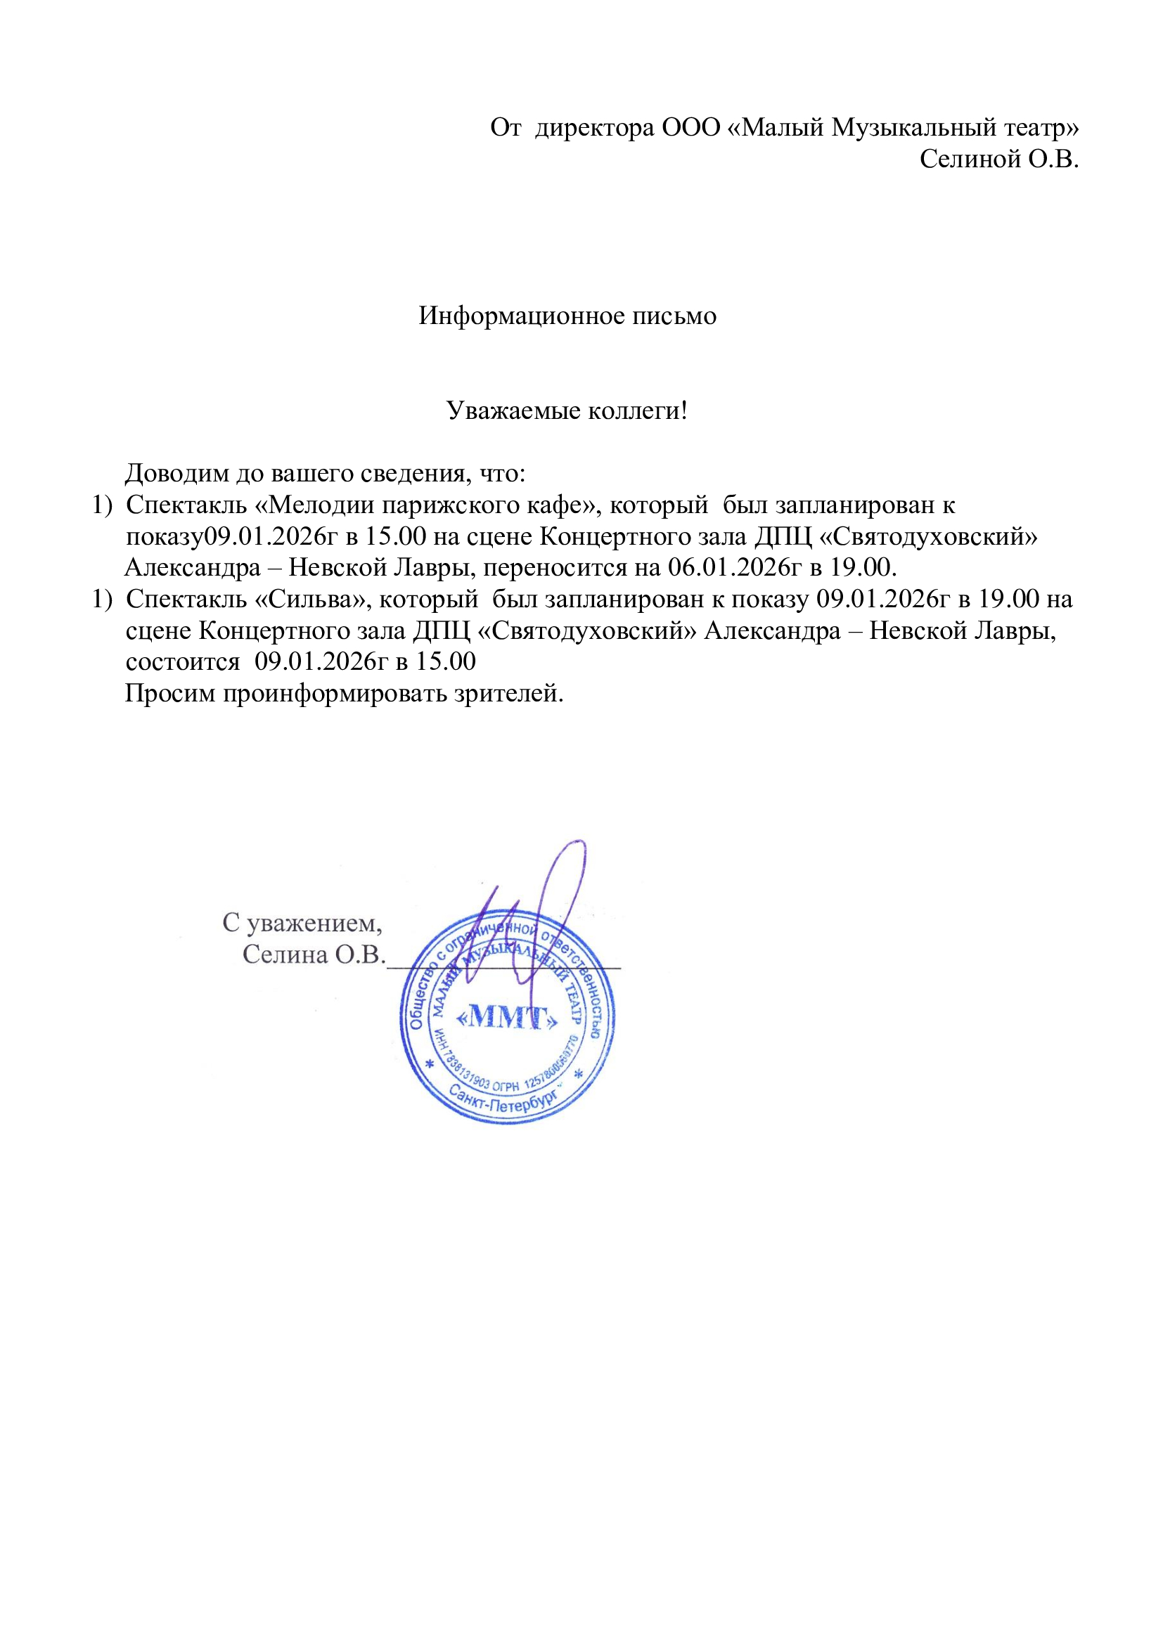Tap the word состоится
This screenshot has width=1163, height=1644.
(x=183, y=661)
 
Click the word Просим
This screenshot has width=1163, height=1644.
(x=169, y=693)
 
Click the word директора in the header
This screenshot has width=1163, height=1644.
(x=594, y=127)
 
